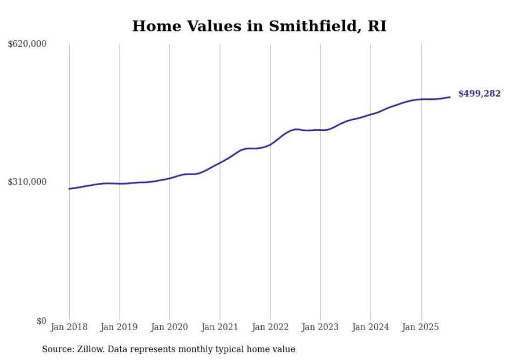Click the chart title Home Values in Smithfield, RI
[259, 26]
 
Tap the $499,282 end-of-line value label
[479, 94]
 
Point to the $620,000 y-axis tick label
[27, 44]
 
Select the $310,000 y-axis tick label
[27, 182]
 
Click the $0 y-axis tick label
[41, 321]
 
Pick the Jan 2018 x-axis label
[69, 327]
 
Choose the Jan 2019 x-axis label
[120, 327]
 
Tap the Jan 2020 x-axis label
[170, 327]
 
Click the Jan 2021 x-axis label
[220, 327]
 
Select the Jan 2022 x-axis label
[270, 327]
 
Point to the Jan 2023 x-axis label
[320, 327]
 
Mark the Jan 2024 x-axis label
[371, 327]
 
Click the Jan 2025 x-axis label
[421, 327]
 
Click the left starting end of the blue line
[70, 188]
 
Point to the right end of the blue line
[450, 97]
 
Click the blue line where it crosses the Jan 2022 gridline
[270, 144]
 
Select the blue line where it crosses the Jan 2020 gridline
[170, 178]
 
